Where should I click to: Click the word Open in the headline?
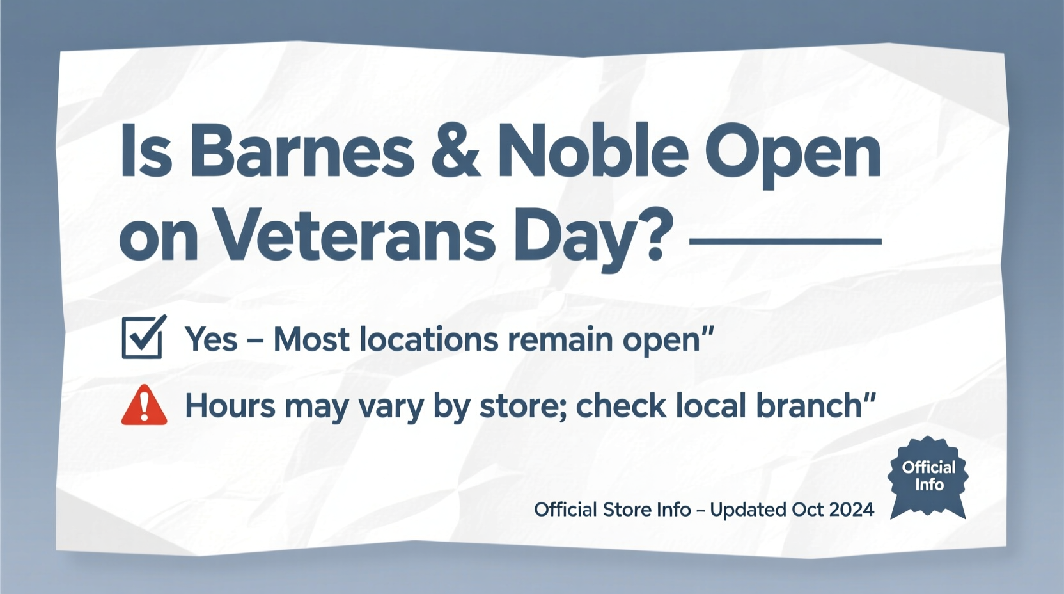point(793,154)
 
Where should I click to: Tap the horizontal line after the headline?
point(785,241)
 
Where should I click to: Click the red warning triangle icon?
point(145,406)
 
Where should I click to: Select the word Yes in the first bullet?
point(211,339)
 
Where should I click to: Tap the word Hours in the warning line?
point(230,406)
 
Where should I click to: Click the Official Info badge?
point(928,477)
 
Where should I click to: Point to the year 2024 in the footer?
point(851,510)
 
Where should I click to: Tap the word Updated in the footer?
point(748,510)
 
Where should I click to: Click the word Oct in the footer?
point(808,510)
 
